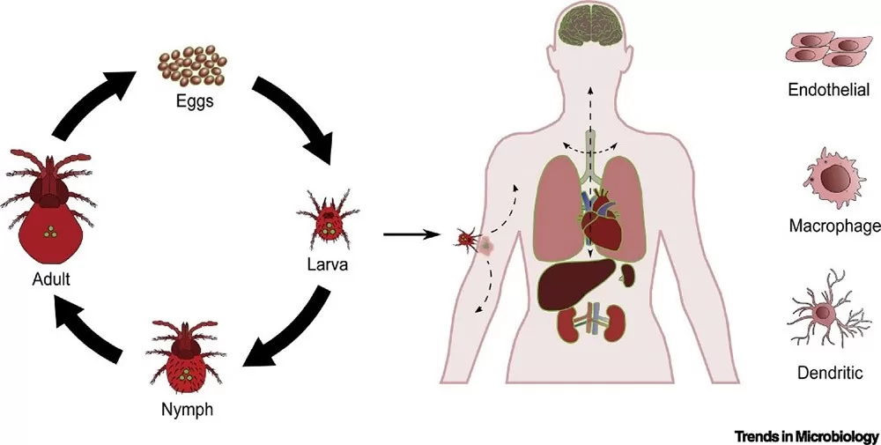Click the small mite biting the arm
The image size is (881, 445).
466,238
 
